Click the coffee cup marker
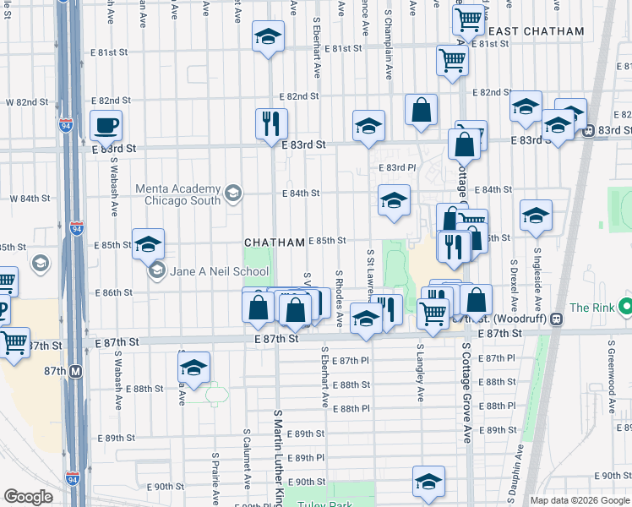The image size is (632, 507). click(x=106, y=126)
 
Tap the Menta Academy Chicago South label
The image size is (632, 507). click(x=183, y=194)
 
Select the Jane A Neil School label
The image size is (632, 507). click(x=217, y=272)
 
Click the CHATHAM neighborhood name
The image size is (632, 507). click(x=275, y=243)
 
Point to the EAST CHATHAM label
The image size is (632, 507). click(x=537, y=31)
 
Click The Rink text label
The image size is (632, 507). click(x=591, y=308)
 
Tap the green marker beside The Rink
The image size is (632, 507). click(x=624, y=306)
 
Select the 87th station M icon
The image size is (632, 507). click(x=75, y=371)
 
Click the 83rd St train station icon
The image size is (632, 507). click(x=588, y=130)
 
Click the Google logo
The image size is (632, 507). click(x=29, y=497)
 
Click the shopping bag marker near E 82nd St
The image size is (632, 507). click(x=421, y=110)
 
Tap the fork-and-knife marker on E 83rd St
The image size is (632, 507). click(x=271, y=123)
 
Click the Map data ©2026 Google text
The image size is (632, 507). click(x=580, y=500)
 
